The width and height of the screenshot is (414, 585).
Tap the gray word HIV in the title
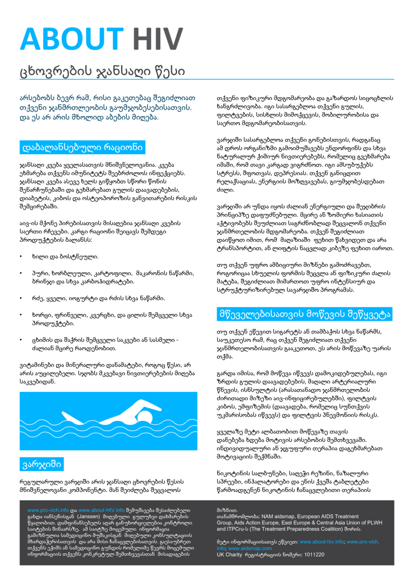(158, 40)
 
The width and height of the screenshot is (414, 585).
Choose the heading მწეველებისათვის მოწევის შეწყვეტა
(304, 314)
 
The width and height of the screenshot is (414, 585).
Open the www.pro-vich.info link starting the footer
(48, 509)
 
